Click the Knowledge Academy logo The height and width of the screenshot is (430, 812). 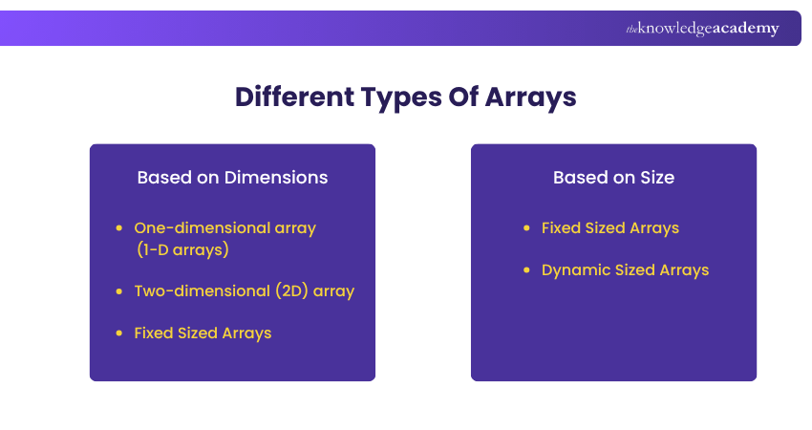702,29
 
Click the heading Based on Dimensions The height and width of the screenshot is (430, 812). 232,178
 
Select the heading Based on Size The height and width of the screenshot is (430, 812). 613,178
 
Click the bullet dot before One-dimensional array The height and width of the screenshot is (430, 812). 118,228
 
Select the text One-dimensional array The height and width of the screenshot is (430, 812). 224,228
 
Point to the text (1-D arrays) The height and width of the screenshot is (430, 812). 182,250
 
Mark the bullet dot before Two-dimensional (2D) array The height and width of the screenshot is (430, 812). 118,291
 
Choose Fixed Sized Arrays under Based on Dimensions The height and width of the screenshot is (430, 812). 203,333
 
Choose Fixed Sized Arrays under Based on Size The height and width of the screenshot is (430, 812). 609,228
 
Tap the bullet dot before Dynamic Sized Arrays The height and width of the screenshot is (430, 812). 526,270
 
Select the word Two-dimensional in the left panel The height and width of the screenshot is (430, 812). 188,291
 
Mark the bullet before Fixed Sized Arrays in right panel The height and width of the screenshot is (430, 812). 526,228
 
